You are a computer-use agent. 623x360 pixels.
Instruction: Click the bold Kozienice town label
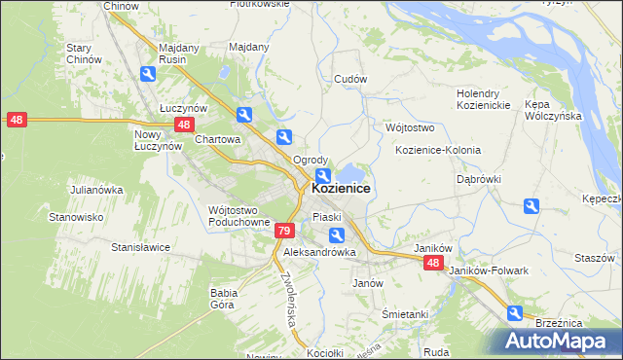[x=341, y=189]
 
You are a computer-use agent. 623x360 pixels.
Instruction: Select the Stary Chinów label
[x=84, y=54]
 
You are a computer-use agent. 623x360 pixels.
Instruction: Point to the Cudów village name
[x=349, y=79]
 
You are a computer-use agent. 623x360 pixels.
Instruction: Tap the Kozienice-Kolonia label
[x=438, y=150]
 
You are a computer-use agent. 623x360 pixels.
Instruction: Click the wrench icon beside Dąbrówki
[x=531, y=205]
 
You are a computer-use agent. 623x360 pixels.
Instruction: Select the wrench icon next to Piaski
[x=336, y=234]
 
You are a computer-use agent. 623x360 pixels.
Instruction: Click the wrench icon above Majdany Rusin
[x=147, y=73]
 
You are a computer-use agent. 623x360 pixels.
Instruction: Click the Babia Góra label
[x=224, y=297]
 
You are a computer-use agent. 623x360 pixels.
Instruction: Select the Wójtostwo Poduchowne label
[x=238, y=215]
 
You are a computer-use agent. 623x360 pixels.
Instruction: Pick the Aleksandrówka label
[x=319, y=252]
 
